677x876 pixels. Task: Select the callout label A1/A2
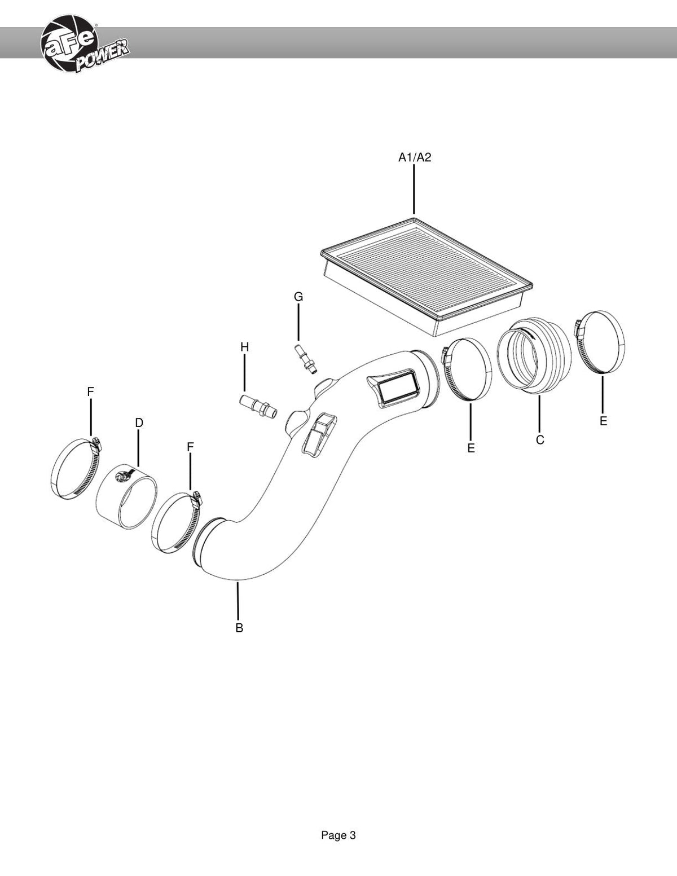pyautogui.click(x=415, y=157)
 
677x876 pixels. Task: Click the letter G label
pyautogui.click(x=298, y=297)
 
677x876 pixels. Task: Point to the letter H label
pyautogui.click(x=244, y=347)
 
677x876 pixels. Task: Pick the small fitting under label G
pyautogui.click(x=306, y=359)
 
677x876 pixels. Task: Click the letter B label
pyautogui.click(x=239, y=628)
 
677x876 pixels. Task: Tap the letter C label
pyautogui.click(x=540, y=440)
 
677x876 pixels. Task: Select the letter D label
pyautogui.click(x=139, y=423)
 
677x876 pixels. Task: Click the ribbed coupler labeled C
pyautogui.click(x=534, y=355)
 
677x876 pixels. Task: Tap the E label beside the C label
pyautogui.click(x=471, y=448)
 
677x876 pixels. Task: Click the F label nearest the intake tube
pyautogui.click(x=190, y=447)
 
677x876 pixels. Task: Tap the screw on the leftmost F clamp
pyautogui.click(x=96, y=443)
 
